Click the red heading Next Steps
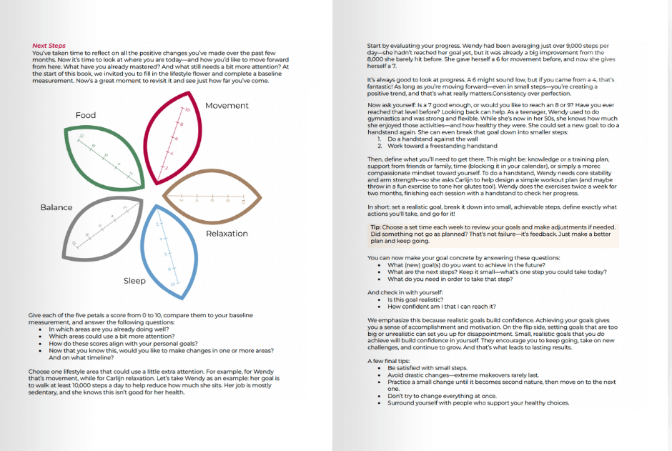49,46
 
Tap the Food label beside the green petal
85,115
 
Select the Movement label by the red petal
227,106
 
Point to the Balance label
56,207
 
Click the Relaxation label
227,234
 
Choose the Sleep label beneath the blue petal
134,281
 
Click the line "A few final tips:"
389,360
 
